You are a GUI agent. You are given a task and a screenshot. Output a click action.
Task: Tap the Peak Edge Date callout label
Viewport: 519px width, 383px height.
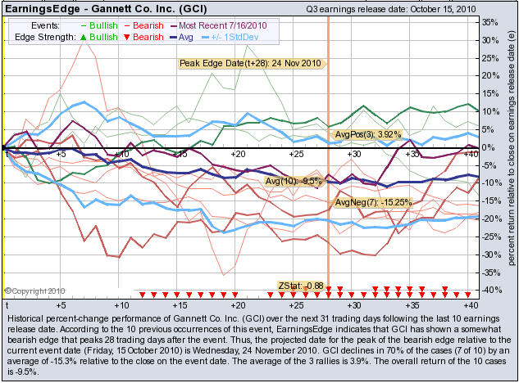(253, 63)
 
